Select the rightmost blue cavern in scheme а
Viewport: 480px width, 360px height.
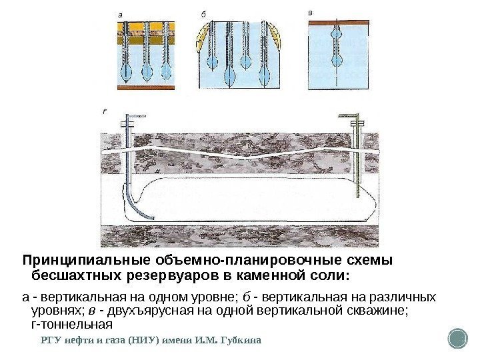tap(163, 69)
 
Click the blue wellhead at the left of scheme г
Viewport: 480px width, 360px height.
tap(129, 120)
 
